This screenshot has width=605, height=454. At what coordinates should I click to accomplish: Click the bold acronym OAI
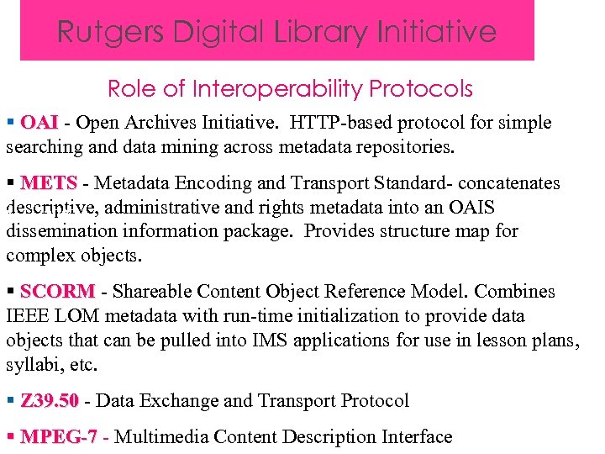click(x=39, y=123)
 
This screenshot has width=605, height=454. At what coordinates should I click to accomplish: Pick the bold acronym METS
click(x=49, y=183)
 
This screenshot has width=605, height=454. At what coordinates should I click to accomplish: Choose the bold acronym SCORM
click(x=57, y=292)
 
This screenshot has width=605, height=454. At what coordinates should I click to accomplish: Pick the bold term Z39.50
click(x=50, y=401)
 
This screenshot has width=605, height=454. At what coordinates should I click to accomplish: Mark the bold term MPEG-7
click(x=59, y=437)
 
